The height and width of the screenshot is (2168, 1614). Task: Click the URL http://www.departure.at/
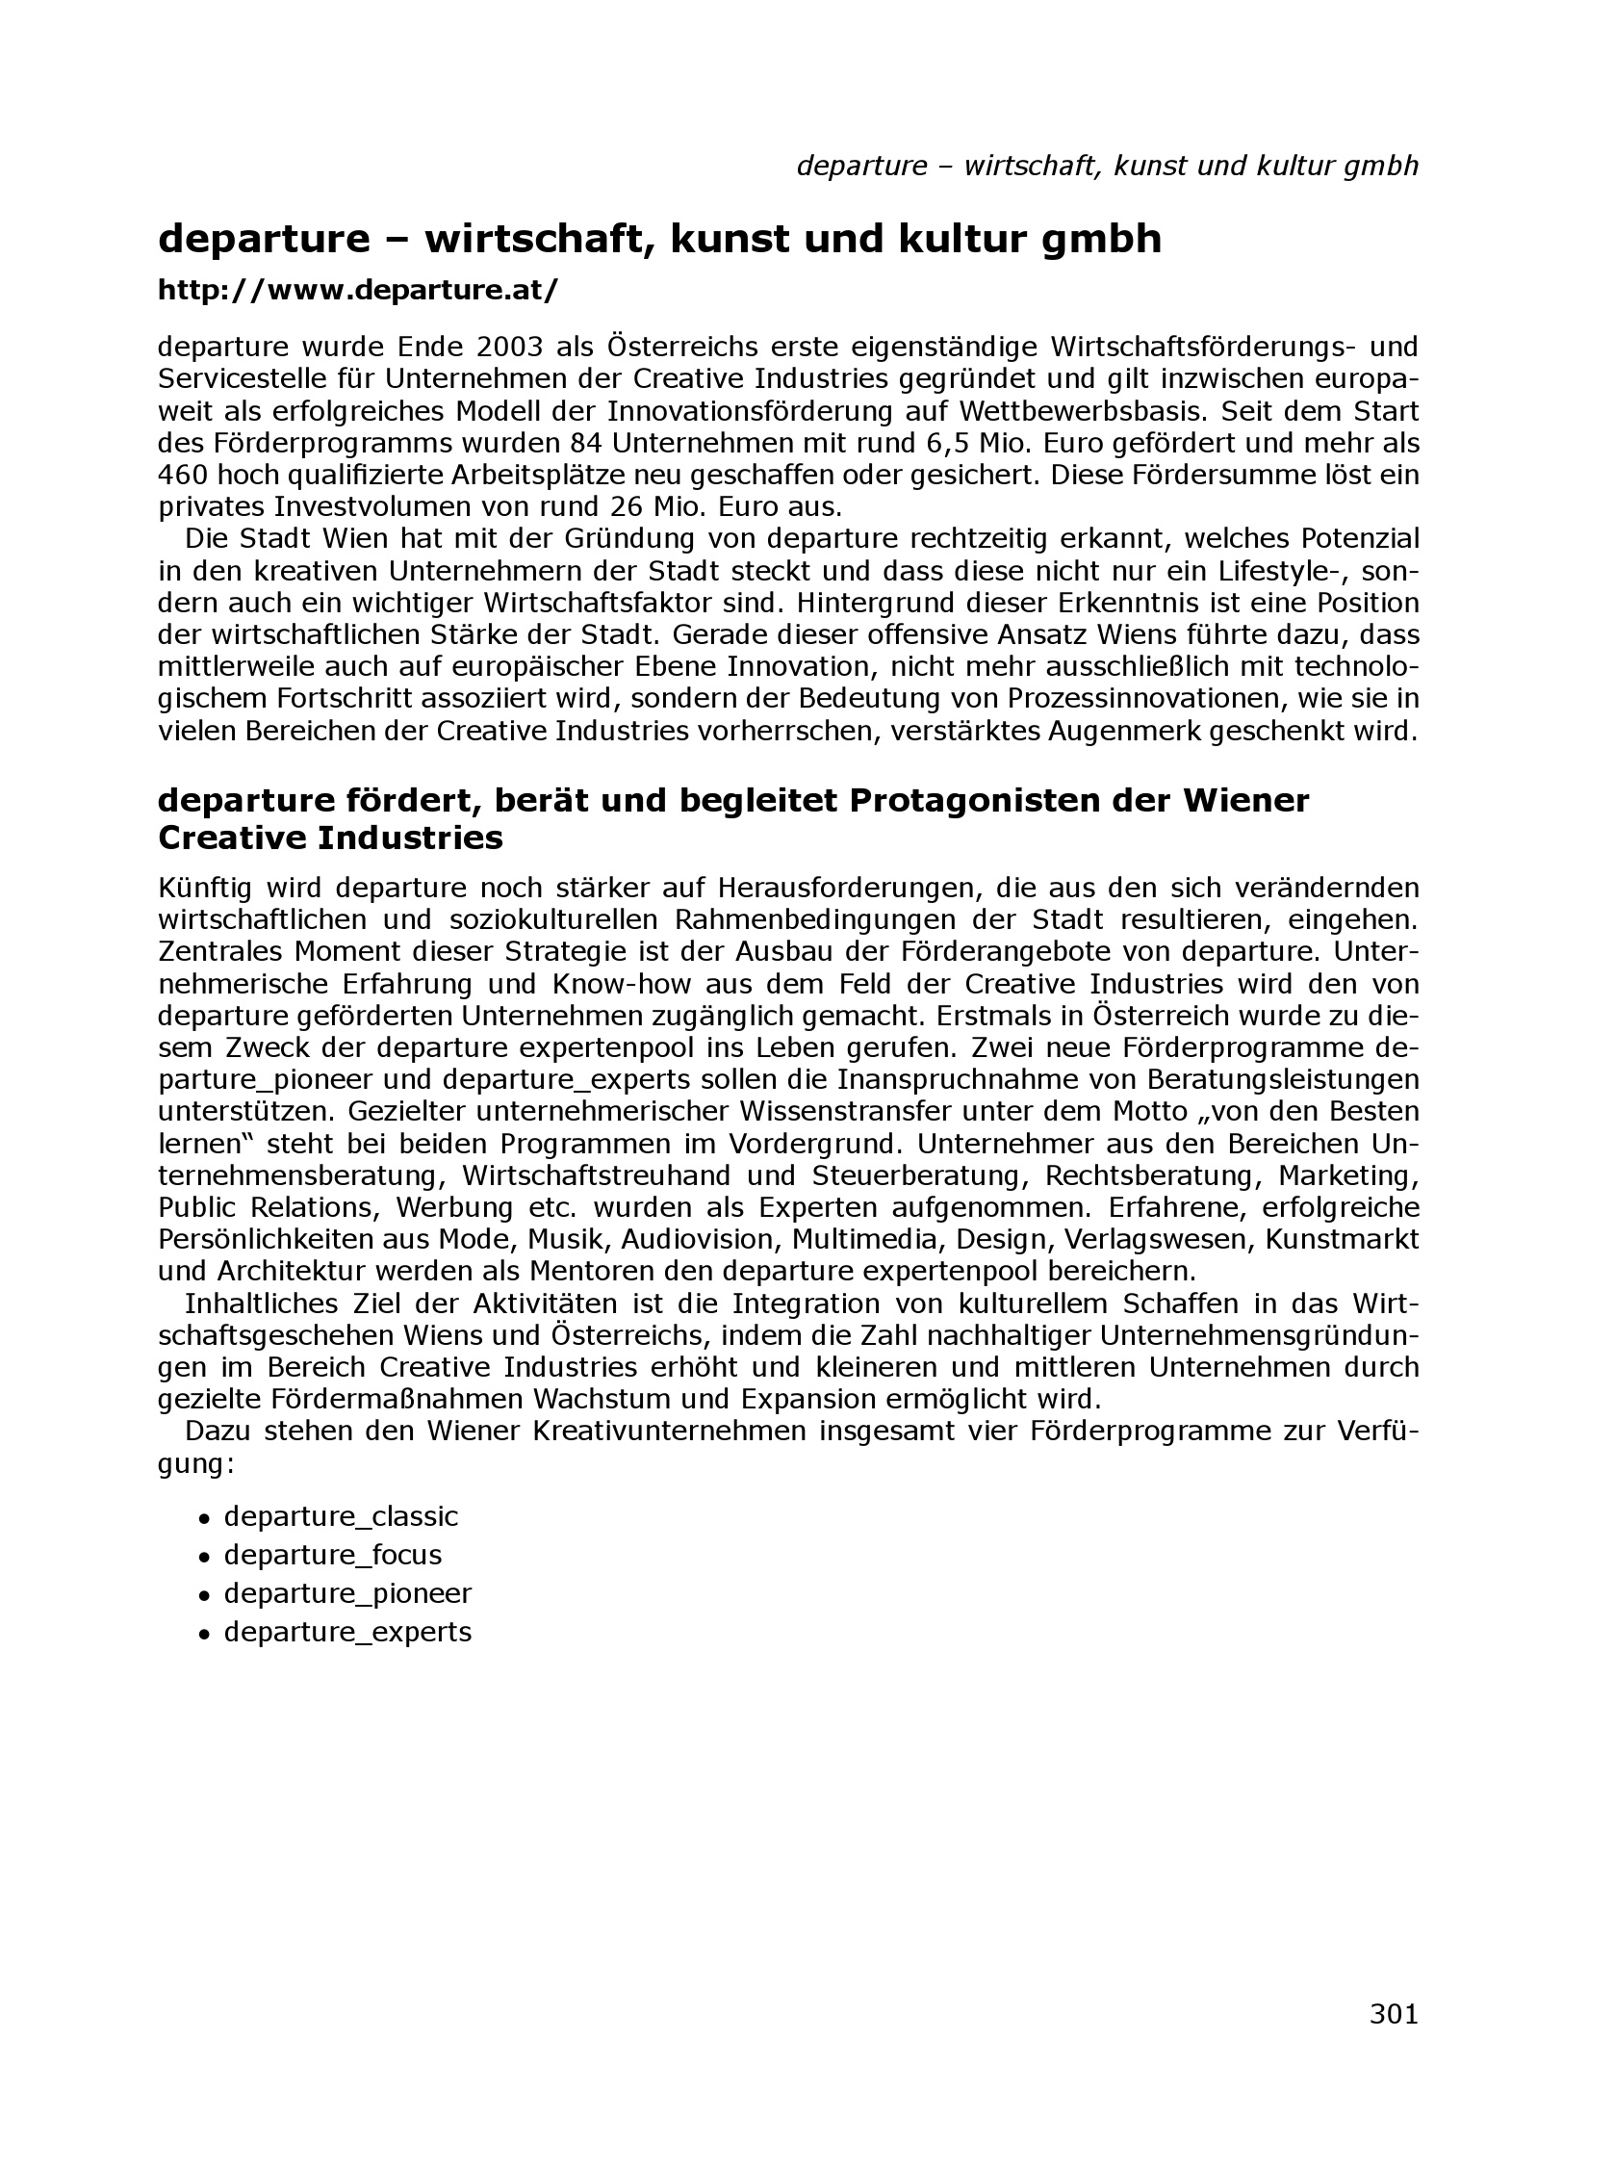point(358,290)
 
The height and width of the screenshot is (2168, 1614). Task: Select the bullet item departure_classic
point(340,1516)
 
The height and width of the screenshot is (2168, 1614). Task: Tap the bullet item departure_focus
point(332,1555)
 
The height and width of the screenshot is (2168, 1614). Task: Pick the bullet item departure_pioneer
point(346,1593)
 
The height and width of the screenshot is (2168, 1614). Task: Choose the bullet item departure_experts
point(346,1632)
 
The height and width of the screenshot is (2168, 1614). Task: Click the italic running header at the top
point(1107,167)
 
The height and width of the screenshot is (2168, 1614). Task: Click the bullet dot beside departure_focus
point(204,1558)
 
